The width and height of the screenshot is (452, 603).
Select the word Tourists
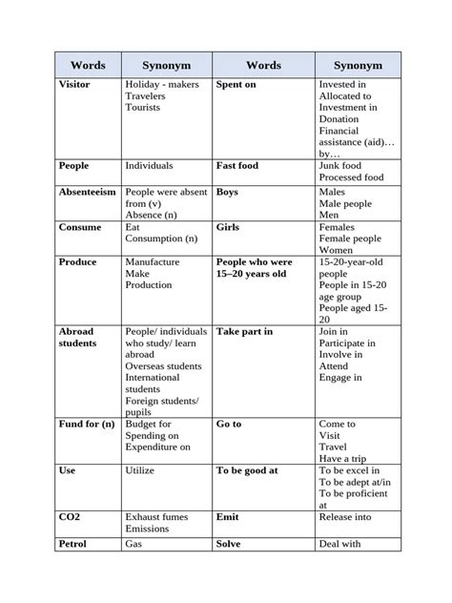click(x=143, y=108)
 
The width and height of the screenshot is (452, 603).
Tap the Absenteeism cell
click(x=88, y=192)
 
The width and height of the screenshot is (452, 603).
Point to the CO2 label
click(x=71, y=517)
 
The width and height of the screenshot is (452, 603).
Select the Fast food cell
click(x=236, y=166)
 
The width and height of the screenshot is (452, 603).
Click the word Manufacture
click(x=154, y=261)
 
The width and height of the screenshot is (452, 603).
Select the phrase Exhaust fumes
click(x=157, y=517)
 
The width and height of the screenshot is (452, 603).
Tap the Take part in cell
click(x=244, y=331)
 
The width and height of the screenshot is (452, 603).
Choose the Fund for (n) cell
click(x=87, y=424)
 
